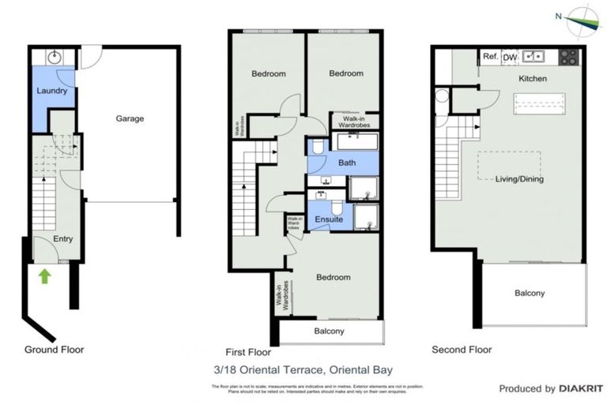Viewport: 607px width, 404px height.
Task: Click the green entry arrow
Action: (44, 276)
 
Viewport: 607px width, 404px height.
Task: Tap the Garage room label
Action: (130, 119)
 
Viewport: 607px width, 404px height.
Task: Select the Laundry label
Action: (52, 91)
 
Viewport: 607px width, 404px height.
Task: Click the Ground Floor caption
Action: (54, 349)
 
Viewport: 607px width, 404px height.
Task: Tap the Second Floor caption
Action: (462, 350)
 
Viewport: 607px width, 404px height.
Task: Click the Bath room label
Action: (347, 163)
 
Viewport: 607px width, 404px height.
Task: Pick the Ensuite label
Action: (329, 219)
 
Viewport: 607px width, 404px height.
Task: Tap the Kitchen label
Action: (533, 79)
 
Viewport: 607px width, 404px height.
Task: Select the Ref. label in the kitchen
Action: (490, 56)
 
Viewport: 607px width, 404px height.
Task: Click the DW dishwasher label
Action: (510, 56)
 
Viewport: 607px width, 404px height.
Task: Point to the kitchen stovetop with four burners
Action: (569, 57)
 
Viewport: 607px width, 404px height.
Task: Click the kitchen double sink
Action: (535, 56)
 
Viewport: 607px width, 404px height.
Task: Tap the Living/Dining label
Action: (519, 179)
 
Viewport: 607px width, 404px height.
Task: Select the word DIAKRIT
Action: (582, 389)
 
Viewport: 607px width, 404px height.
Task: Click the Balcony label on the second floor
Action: (530, 294)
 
